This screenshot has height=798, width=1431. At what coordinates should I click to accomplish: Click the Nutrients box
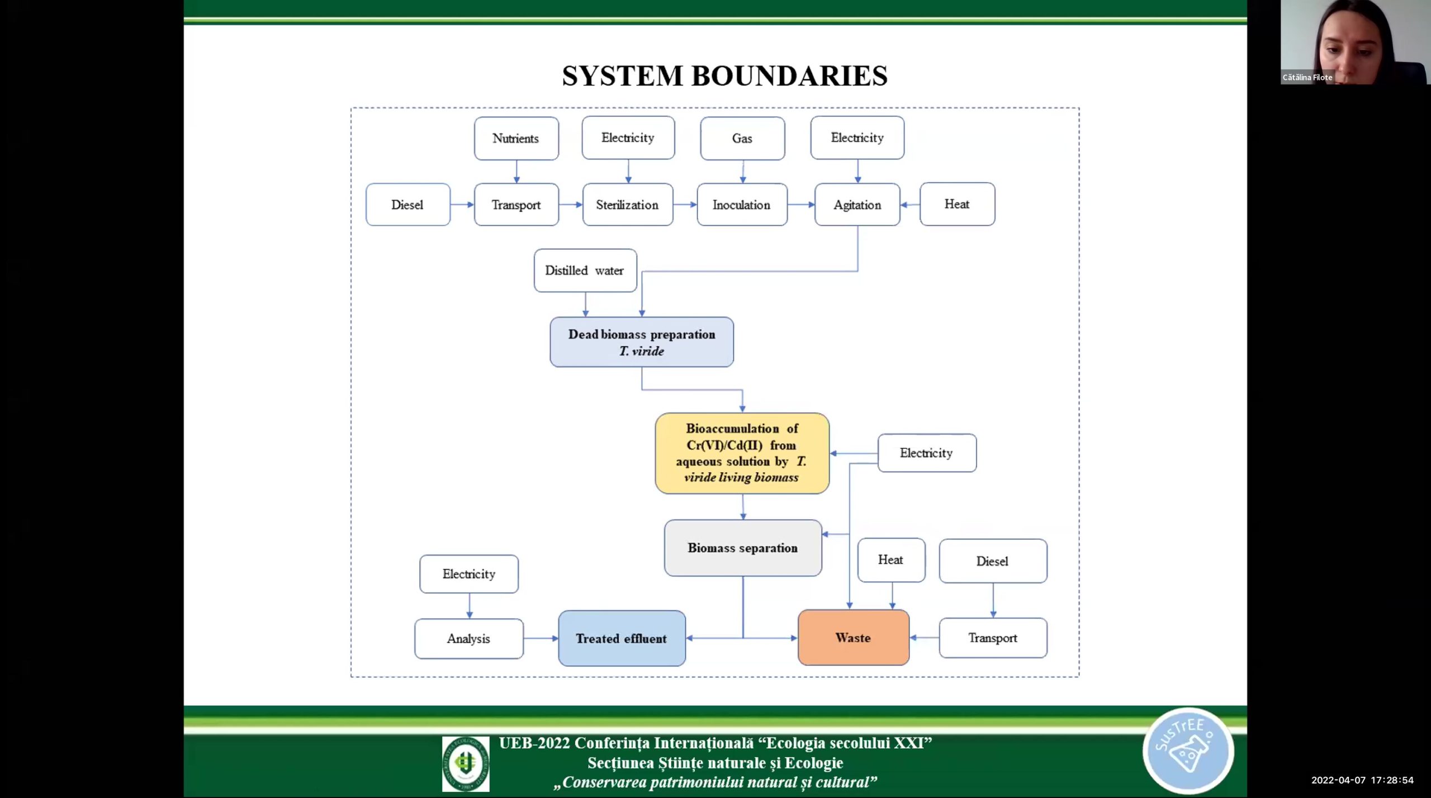[x=516, y=139]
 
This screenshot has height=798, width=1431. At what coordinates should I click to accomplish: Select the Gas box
[x=742, y=139]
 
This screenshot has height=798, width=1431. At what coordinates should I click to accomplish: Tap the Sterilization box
[x=627, y=205]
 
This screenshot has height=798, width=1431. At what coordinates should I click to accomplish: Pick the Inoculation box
[x=742, y=205]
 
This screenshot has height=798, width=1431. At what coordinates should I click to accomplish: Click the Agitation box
[x=857, y=205]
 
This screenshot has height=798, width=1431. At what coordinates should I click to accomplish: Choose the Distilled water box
[x=585, y=270]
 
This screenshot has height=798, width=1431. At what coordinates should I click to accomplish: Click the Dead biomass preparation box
[x=642, y=342]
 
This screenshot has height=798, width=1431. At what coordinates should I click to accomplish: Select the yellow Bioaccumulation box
[x=742, y=453]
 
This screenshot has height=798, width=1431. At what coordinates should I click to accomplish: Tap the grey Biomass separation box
[x=742, y=548]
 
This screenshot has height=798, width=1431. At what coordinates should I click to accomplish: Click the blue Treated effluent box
[x=622, y=638]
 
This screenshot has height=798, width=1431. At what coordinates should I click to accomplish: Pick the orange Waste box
[x=853, y=638]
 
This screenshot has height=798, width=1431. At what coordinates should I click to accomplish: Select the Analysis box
[x=468, y=639]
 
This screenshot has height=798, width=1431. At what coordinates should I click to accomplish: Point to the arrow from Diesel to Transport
[x=462, y=205]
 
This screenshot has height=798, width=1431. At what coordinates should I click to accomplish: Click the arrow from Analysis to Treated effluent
[x=541, y=638]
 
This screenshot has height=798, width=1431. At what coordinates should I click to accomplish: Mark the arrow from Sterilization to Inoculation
[x=685, y=205]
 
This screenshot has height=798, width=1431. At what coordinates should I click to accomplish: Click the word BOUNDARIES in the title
[x=789, y=76]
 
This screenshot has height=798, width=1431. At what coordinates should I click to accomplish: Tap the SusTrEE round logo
[x=1188, y=750]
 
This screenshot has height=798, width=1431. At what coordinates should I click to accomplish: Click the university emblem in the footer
[x=465, y=763]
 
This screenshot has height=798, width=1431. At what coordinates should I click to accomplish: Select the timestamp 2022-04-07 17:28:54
[x=1362, y=780]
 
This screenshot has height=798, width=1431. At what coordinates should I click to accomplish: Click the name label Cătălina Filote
[x=1307, y=78]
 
